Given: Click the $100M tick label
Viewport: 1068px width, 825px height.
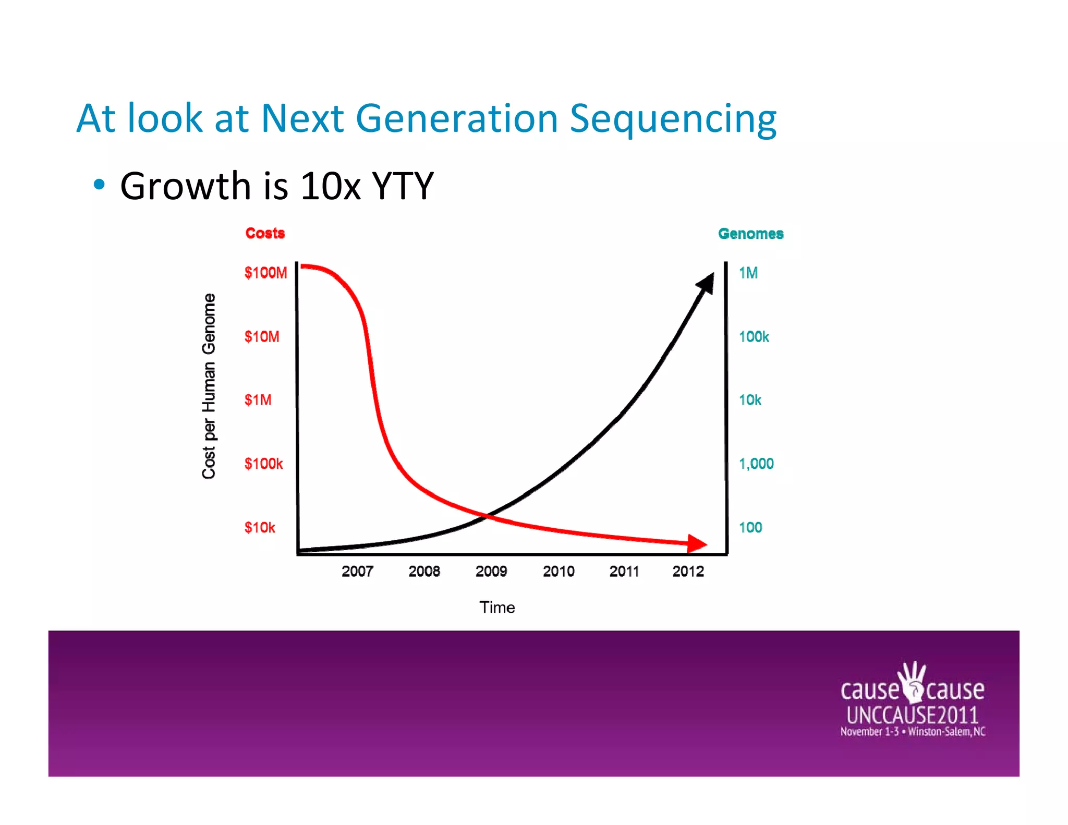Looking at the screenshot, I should (265, 273).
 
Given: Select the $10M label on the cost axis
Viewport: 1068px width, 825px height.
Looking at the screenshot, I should (262, 336).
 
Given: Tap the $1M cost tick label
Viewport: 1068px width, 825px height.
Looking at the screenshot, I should (258, 400).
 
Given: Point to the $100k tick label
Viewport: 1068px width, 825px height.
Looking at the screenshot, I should (263, 464).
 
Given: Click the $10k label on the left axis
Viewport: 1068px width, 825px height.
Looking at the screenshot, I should (260, 527).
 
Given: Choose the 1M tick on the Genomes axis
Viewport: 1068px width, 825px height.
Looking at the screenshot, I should (748, 273).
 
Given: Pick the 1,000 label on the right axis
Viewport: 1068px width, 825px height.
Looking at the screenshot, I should (756, 464).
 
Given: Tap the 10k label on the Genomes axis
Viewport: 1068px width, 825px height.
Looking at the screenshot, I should (750, 400).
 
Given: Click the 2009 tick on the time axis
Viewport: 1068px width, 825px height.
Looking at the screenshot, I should (491, 572).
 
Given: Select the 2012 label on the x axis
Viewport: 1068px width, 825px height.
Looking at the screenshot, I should (688, 572).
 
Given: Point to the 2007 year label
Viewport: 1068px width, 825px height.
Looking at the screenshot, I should (357, 572).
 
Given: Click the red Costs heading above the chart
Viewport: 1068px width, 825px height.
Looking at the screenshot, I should (265, 233).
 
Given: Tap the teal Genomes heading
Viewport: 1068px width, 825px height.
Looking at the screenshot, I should (750, 234).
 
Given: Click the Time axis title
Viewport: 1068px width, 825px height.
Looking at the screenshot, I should (497, 608).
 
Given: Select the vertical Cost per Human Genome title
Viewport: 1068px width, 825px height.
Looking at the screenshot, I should (209, 386).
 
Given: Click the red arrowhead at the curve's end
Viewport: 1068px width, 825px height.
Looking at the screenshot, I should (697, 543).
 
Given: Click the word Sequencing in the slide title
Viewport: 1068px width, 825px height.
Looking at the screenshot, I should (673, 119).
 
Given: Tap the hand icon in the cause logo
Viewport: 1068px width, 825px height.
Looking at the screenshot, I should (913, 682).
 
